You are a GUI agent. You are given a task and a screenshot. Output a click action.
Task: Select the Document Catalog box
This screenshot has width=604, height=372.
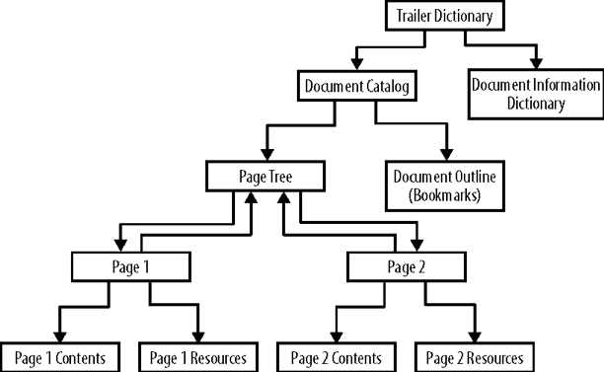[x=353, y=86]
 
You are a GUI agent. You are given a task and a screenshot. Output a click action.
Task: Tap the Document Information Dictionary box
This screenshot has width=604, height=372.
[x=533, y=94]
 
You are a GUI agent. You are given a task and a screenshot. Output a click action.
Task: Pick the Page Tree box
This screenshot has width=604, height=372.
[x=264, y=177]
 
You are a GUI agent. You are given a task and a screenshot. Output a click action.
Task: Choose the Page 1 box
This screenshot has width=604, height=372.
[x=130, y=266]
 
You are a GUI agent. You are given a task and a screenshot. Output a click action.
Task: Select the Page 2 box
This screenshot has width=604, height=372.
[x=406, y=266]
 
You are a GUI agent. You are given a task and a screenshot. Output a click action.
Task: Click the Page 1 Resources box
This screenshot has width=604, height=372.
[x=198, y=356]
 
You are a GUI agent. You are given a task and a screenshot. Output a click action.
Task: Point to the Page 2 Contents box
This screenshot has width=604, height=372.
[x=337, y=356]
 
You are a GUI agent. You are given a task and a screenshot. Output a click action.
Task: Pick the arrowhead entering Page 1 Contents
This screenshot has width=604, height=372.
[x=59, y=335]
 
